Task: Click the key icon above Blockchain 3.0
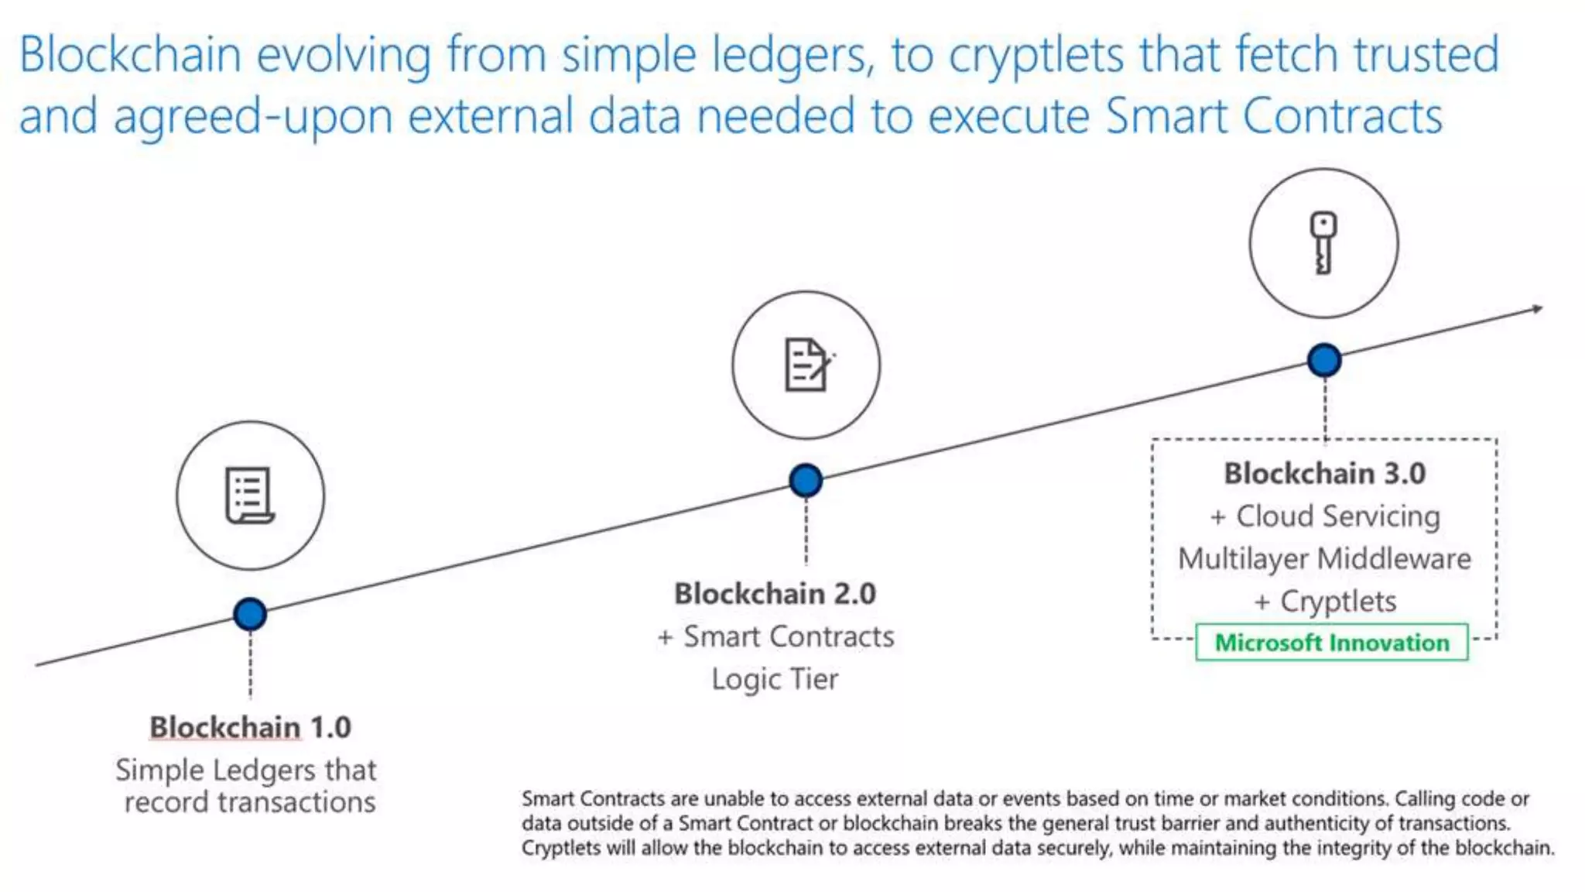coord(1323,242)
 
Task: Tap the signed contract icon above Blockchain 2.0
coord(807,364)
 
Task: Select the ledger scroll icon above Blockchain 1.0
coord(249,496)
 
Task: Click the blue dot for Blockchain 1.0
coord(250,614)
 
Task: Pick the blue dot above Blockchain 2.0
coord(806,480)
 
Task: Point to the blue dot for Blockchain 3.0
coord(1324,360)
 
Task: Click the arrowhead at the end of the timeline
coord(1536,309)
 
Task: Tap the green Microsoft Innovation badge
coord(1331,643)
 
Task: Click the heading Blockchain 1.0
coord(250,727)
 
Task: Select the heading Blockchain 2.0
coord(775,594)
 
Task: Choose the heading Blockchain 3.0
coord(1324,473)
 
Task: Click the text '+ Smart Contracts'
coord(775,636)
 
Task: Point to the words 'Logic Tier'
coord(775,679)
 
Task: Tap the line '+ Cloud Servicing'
coord(1325,516)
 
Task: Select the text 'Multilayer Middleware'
coord(1324,559)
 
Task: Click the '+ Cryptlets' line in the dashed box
coord(1325,602)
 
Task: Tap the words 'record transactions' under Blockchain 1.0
coord(250,802)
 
